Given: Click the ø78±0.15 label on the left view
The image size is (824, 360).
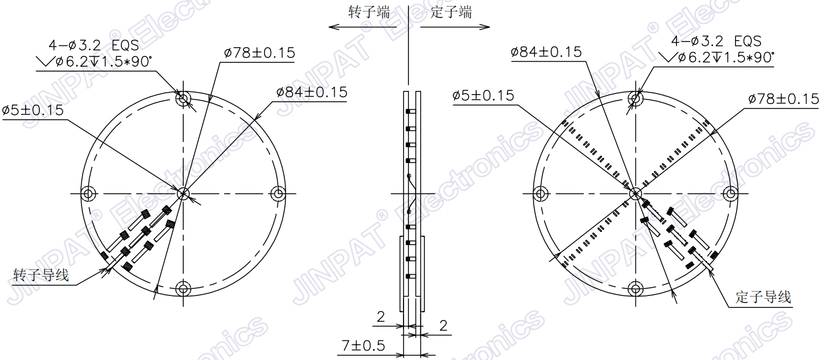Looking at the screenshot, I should click(x=259, y=53).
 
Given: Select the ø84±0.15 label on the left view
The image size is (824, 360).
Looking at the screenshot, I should click(x=312, y=92).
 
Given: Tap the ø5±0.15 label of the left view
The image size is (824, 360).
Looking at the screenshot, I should click(x=33, y=110).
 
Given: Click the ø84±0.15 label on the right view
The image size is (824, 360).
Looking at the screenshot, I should click(x=546, y=52).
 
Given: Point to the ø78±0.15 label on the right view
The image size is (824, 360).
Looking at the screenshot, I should click(x=784, y=99).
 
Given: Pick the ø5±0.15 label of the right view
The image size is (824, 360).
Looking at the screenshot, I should click(x=483, y=96).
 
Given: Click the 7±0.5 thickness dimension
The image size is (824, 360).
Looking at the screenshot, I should click(x=363, y=346).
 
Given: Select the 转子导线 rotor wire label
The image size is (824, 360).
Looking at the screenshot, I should click(x=42, y=275).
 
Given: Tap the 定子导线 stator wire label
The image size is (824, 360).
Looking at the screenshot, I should click(x=763, y=297).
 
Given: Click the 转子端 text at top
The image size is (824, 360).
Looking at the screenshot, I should click(x=369, y=12).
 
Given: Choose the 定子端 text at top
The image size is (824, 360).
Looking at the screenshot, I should click(x=451, y=12).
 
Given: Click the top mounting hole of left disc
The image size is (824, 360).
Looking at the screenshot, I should click(x=183, y=98).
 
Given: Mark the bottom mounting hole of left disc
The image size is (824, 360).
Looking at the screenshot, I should click(x=183, y=288).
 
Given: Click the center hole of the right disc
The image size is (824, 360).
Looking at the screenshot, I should click(x=635, y=193).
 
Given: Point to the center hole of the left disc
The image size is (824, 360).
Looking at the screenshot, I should click(x=183, y=193).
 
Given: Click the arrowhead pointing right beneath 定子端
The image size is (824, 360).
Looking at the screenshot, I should click(x=486, y=26).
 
